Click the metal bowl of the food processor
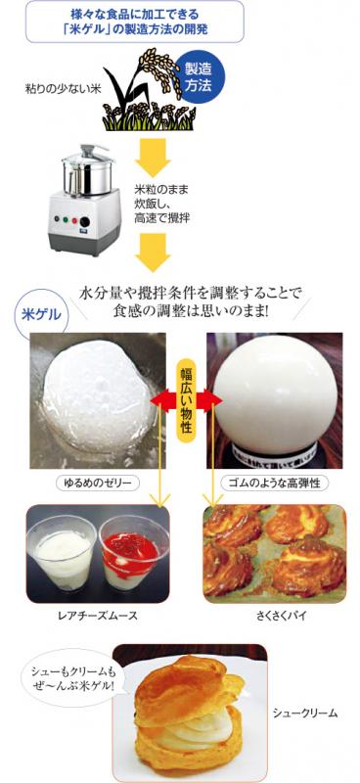(88, 176)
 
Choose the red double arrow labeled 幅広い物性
(186, 402)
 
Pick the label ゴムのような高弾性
(271, 484)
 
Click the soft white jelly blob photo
(94, 400)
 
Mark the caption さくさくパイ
(273, 615)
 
